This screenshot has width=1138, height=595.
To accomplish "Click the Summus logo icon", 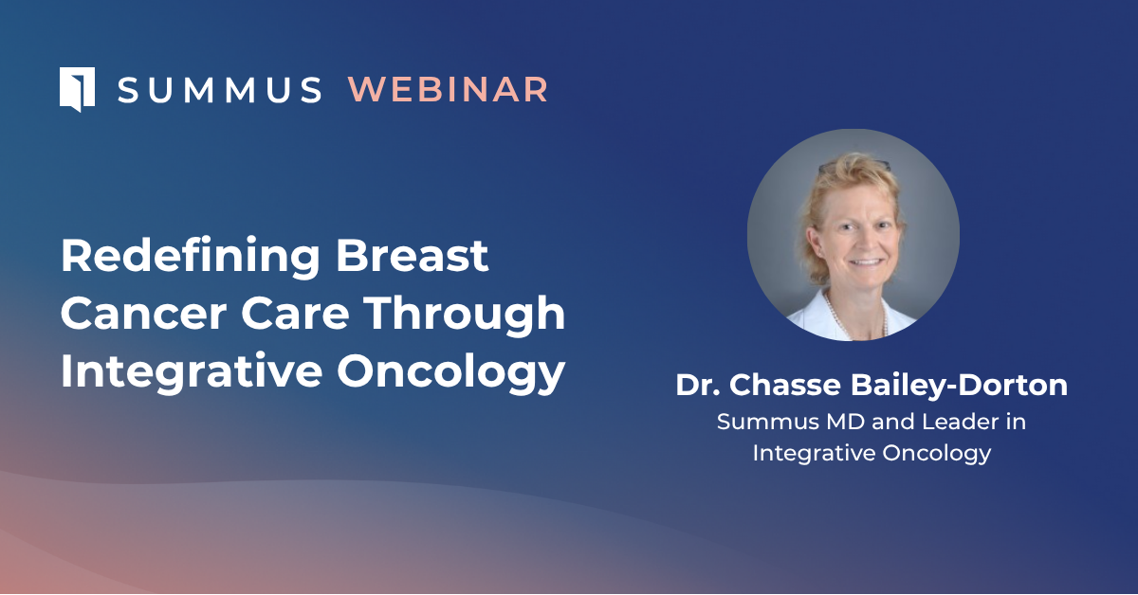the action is [x=77, y=89].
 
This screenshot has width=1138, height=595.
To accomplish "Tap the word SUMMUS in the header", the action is [x=219, y=90].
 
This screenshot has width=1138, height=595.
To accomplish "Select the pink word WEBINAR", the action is [x=448, y=90].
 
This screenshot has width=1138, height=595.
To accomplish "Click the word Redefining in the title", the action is [x=190, y=258].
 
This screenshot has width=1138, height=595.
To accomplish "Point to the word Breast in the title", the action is [x=412, y=256].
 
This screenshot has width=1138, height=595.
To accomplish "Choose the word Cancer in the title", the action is [x=144, y=314].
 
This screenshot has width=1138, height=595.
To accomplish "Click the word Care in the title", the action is [x=295, y=314].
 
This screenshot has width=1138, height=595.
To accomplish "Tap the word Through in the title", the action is [x=465, y=316].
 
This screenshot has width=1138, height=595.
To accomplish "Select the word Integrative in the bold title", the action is [x=192, y=372].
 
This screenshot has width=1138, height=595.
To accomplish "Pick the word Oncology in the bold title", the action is [x=451, y=373].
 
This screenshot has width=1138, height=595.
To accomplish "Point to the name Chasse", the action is [x=785, y=385].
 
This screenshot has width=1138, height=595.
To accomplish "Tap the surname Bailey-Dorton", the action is [x=959, y=386].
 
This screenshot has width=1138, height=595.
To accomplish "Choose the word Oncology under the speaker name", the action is [x=936, y=454].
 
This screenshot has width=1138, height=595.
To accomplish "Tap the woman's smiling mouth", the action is [x=866, y=262].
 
